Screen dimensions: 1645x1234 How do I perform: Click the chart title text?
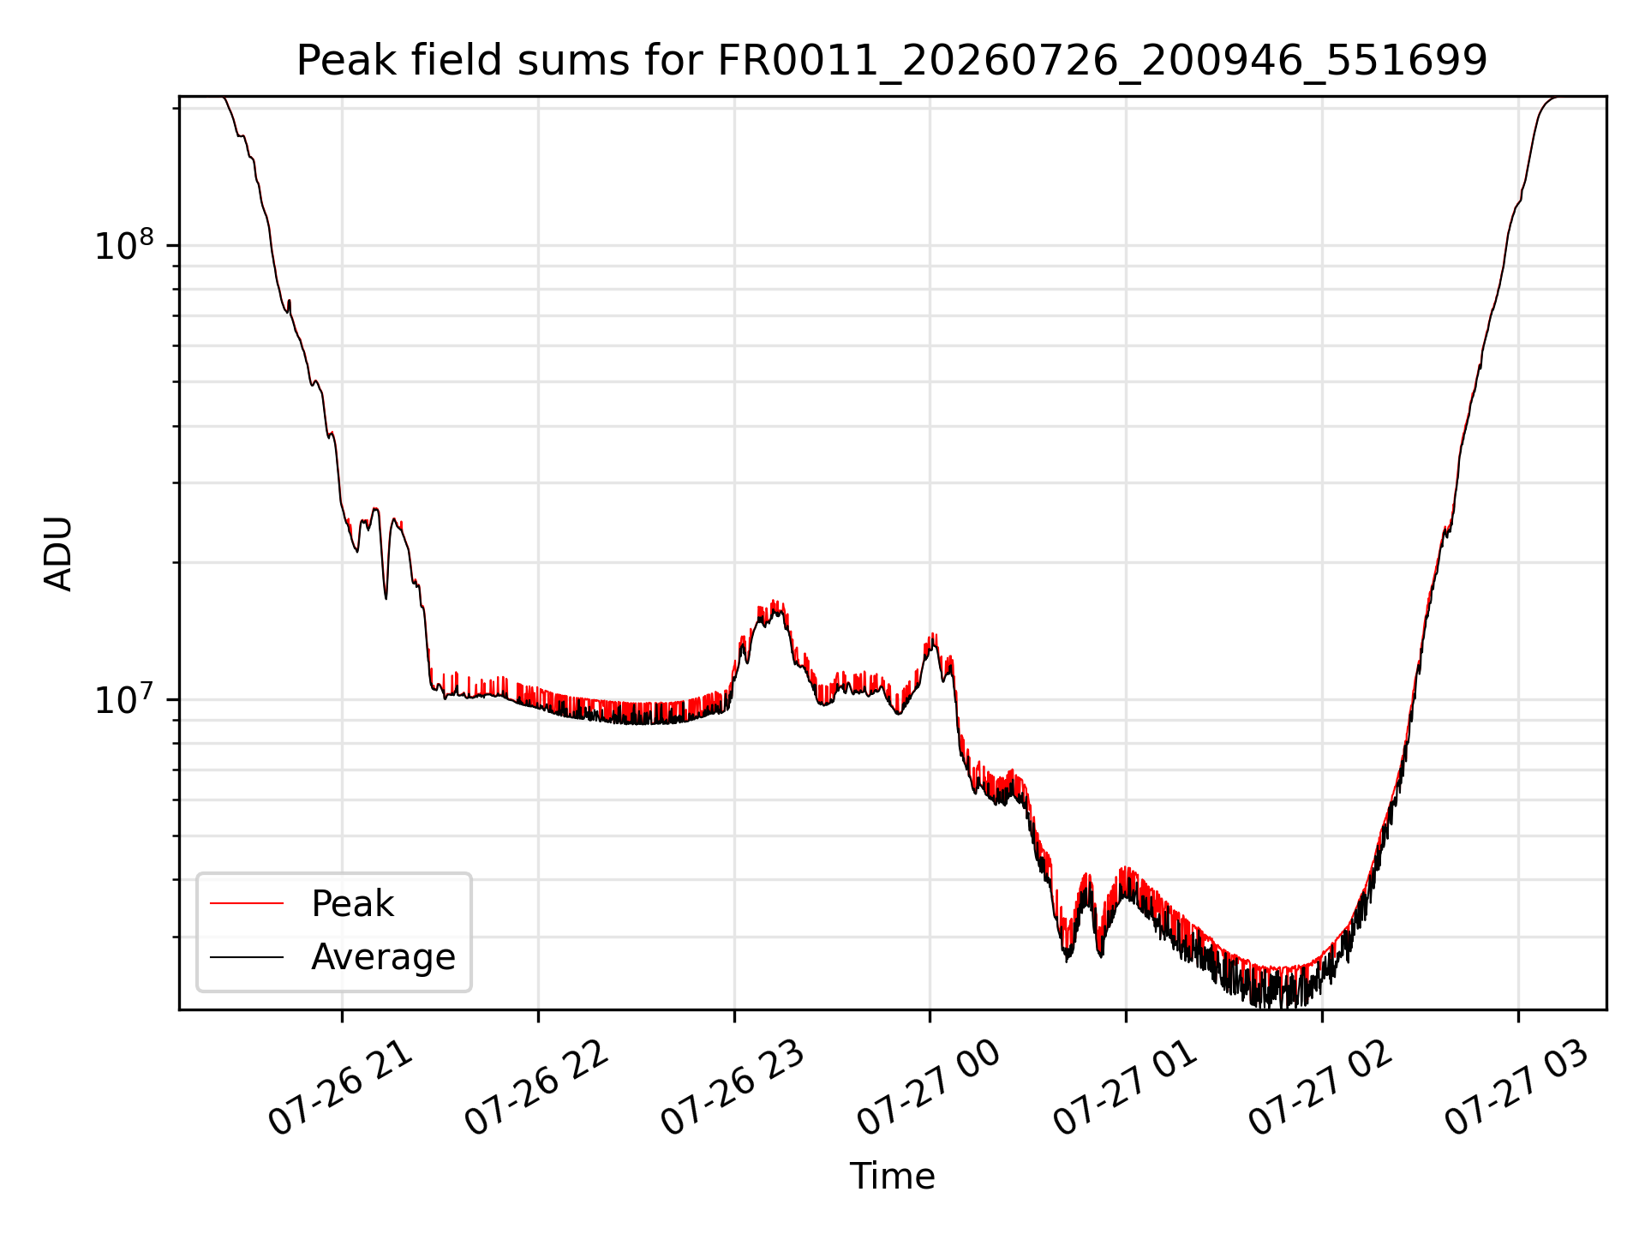[x=892, y=61]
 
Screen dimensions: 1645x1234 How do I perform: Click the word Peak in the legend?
[x=352, y=904]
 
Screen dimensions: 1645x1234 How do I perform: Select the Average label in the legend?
[x=383, y=957]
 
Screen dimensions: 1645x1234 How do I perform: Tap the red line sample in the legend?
[x=247, y=903]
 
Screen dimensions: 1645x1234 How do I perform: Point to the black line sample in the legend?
[x=247, y=956]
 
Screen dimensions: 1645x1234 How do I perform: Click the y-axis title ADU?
[x=58, y=554]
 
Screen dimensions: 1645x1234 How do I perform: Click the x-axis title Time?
[x=892, y=1177]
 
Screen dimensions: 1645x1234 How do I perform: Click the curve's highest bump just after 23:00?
[x=775, y=603]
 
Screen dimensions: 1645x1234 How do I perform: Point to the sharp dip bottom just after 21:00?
[x=386, y=597]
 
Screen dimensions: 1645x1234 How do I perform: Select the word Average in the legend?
[x=383, y=957]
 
